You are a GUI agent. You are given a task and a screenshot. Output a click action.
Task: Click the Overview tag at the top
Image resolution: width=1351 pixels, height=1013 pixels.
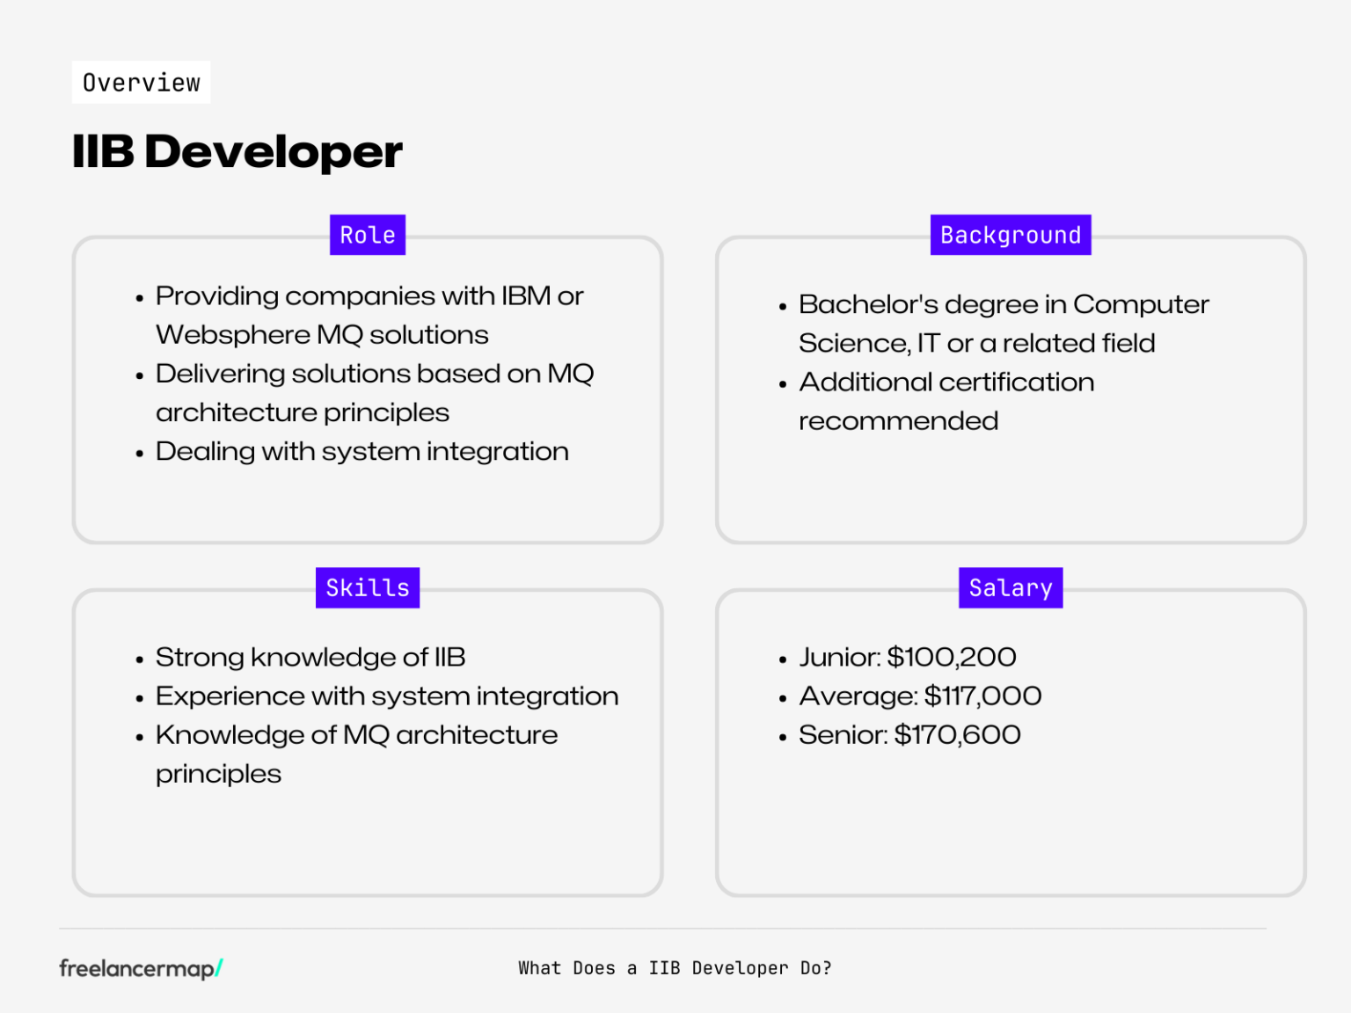click(141, 83)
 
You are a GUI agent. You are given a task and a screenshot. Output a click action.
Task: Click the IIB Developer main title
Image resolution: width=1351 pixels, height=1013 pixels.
click(237, 151)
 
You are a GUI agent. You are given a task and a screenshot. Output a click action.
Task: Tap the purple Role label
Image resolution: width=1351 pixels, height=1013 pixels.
click(368, 235)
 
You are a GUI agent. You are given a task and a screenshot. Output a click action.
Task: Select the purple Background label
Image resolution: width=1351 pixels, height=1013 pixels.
click(1011, 235)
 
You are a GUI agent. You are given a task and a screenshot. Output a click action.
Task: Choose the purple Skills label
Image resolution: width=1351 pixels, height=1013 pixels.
click(368, 587)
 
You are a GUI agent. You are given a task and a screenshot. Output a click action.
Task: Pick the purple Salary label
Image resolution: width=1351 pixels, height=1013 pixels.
click(1011, 587)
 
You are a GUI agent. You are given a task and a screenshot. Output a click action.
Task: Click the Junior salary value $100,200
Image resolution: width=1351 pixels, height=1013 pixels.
click(952, 657)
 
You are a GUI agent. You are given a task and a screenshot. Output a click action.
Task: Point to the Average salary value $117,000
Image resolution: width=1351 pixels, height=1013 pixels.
click(982, 696)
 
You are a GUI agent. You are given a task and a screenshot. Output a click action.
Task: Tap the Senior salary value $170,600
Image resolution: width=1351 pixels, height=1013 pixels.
click(957, 734)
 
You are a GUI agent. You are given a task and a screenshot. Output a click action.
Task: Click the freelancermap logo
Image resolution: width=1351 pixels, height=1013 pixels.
click(141, 968)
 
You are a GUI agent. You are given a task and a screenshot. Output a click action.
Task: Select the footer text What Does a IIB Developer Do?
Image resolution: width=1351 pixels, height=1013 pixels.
click(675, 968)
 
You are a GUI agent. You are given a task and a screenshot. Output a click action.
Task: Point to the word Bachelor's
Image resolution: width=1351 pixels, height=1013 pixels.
click(868, 304)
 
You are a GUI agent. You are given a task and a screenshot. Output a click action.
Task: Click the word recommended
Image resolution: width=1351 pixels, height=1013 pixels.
click(898, 421)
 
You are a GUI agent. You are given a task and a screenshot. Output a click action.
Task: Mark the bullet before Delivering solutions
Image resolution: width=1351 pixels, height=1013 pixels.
click(140, 375)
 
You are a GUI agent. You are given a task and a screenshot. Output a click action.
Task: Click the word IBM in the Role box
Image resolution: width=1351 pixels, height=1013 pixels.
click(526, 296)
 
